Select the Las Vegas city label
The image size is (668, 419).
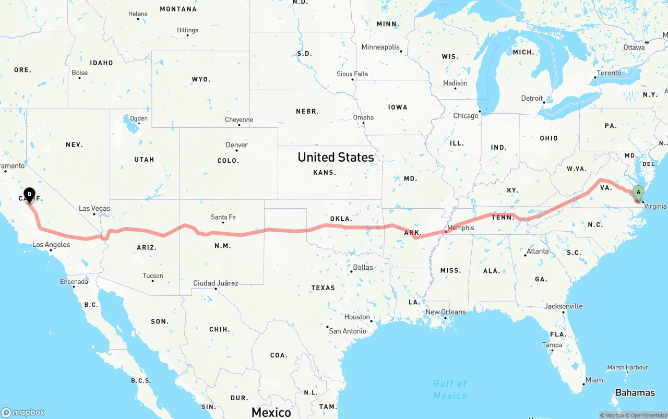(x=94, y=209)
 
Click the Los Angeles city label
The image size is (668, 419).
(x=51, y=245)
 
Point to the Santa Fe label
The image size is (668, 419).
(x=223, y=217)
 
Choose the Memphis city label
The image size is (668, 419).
(x=461, y=228)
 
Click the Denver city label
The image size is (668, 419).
(x=236, y=145)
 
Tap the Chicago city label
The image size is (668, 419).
(x=466, y=116)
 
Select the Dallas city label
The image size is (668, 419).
(x=363, y=268)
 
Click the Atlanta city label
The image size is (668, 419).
(x=538, y=252)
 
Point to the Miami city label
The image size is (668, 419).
(x=595, y=380)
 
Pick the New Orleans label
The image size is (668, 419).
(x=445, y=312)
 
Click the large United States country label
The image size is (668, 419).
(x=336, y=157)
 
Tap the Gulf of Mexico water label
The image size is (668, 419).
(x=450, y=390)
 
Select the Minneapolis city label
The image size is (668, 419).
(x=380, y=47)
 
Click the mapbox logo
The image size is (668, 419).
(x=23, y=412)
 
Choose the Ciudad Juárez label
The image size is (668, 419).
(x=216, y=283)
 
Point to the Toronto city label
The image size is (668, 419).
(x=609, y=73)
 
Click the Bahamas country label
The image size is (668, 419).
(x=635, y=393)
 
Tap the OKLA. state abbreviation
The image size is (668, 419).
(x=342, y=219)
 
